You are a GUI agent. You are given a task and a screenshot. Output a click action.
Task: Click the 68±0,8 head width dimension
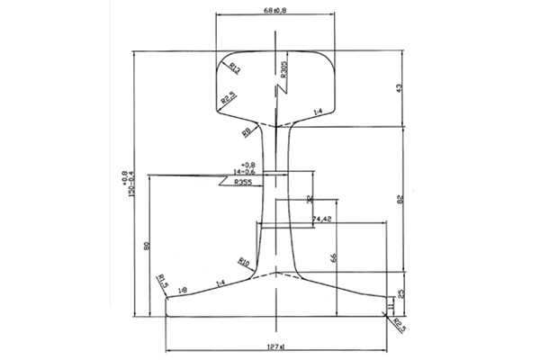pos(276,11)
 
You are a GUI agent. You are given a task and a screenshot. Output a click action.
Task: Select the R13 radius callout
pos(234,67)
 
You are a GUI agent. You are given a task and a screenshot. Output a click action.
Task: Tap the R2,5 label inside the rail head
pos(229,97)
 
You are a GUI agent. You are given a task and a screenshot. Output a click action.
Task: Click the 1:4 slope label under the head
pos(317,111)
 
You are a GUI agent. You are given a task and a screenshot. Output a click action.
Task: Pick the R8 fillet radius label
pos(246,132)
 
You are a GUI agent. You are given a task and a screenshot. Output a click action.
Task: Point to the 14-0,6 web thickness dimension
pos(244,173)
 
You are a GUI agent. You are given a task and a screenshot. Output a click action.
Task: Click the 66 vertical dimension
pos(333,258)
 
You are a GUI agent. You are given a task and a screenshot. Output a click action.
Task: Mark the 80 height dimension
pos(145,244)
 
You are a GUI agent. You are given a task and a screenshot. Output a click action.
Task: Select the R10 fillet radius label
pos(244,262)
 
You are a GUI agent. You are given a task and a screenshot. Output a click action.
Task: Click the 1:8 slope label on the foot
pos(183,289)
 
